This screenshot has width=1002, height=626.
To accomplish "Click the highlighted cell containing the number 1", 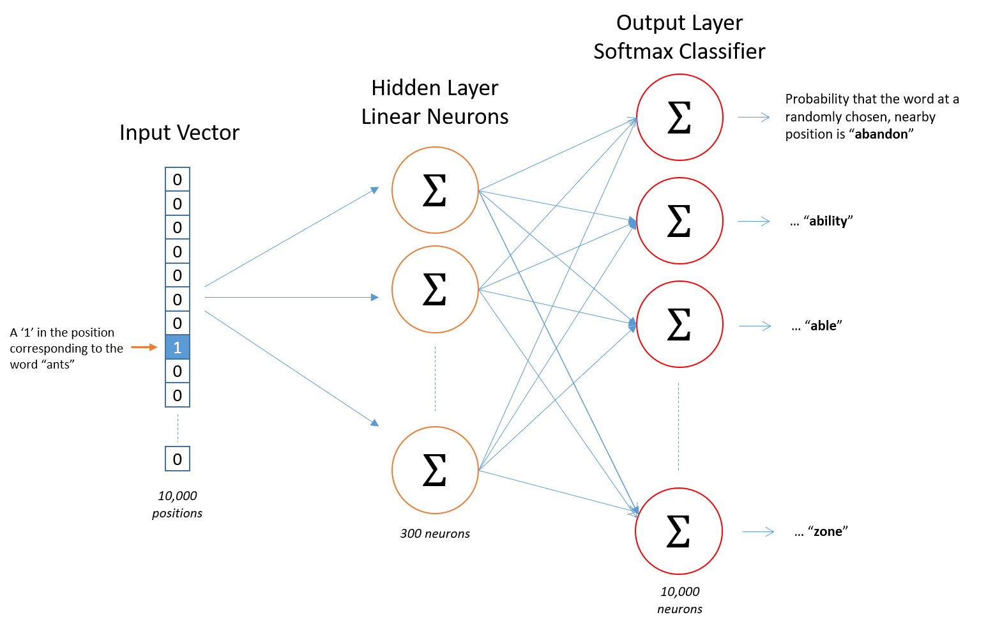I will pos(178,347).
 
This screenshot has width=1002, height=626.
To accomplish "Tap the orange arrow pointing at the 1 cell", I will pos(144,347).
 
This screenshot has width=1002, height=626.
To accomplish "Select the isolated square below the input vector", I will pos(178,459).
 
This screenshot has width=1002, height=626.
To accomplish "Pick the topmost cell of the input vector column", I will pos(178,179).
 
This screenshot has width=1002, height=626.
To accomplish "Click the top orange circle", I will pos(435,190).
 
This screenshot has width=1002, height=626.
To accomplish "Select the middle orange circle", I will pos(435,289).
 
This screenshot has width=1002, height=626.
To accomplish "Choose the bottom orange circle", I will pos(435,470).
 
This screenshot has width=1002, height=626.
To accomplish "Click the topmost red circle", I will pos(679,117).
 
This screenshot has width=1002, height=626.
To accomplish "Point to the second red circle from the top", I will pos(679,221).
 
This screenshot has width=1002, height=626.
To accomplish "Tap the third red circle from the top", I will pos(679,324).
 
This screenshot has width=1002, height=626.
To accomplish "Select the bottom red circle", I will pos(679,531).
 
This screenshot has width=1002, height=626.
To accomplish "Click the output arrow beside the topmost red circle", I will pos(754,117).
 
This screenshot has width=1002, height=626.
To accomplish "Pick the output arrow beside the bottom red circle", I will pos(758,531).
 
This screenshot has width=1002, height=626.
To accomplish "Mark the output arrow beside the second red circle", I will pos(754,222).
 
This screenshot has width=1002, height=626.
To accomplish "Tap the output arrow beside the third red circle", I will pos(755,326).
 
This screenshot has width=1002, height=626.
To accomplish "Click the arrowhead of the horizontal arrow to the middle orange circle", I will pos(375,297).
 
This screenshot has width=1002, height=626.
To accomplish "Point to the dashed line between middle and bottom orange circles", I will pos(435,379).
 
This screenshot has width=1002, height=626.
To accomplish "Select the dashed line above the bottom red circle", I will pos(678,427).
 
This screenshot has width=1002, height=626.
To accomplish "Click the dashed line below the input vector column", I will pos(178,428).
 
